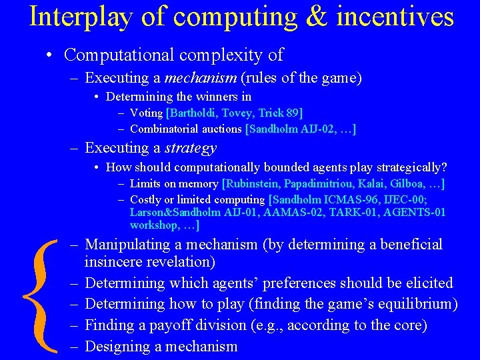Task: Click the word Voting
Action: tap(146, 113)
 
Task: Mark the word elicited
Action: tap(426, 283)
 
